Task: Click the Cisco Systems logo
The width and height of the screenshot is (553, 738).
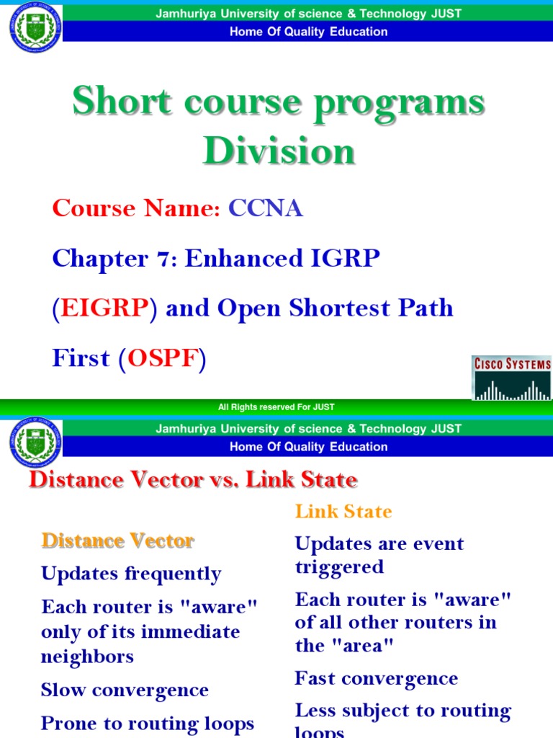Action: (x=512, y=377)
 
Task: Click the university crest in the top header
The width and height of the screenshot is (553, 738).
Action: (x=35, y=29)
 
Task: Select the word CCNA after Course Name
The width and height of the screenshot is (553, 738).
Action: (x=266, y=209)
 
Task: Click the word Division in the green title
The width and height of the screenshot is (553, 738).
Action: (x=279, y=151)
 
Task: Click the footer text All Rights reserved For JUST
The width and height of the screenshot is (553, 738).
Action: (x=276, y=407)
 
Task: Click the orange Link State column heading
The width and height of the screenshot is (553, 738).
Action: (x=343, y=512)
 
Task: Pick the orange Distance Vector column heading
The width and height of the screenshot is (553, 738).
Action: (x=117, y=541)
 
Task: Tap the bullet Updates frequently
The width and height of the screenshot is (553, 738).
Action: (x=131, y=574)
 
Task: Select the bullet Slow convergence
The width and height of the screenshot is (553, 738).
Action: (x=125, y=690)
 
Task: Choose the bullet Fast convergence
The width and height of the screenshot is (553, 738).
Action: (x=376, y=678)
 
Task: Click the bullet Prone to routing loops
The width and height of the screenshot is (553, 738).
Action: (x=148, y=723)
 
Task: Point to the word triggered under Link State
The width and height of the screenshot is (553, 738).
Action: (x=339, y=567)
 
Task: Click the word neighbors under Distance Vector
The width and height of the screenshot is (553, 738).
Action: (x=87, y=657)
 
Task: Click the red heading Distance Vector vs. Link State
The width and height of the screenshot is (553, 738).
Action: (x=192, y=480)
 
